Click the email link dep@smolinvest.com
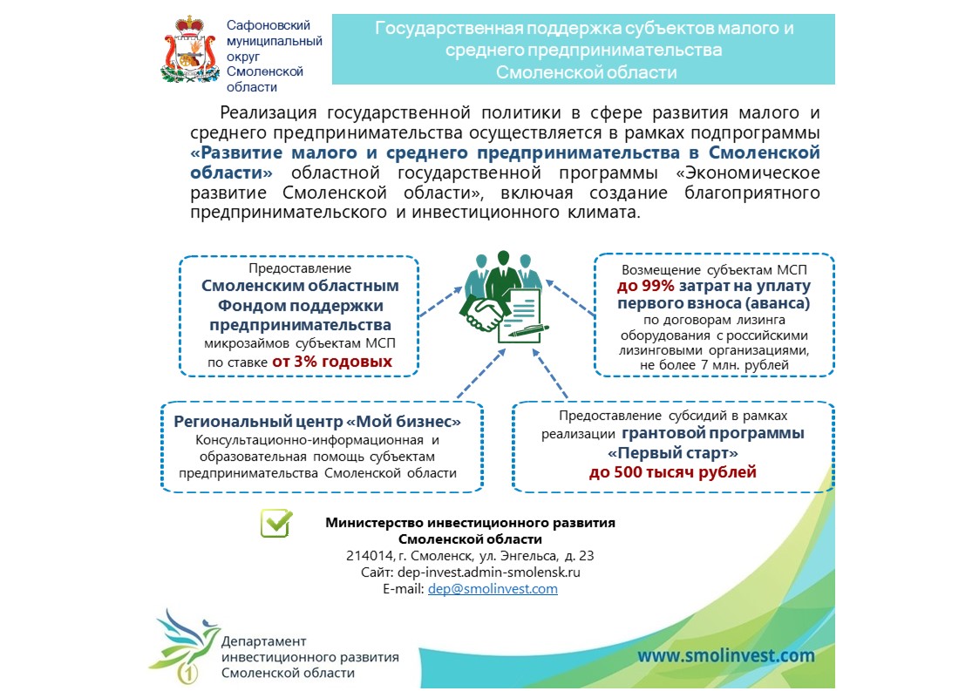click(493, 589)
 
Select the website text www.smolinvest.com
click(725, 655)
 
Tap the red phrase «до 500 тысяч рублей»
click(672, 472)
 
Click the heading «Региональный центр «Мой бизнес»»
click(317, 421)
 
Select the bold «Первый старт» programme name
click(672, 453)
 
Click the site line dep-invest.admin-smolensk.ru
click(470, 572)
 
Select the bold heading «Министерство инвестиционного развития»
click(470, 523)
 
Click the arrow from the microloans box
click(439, 304)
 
